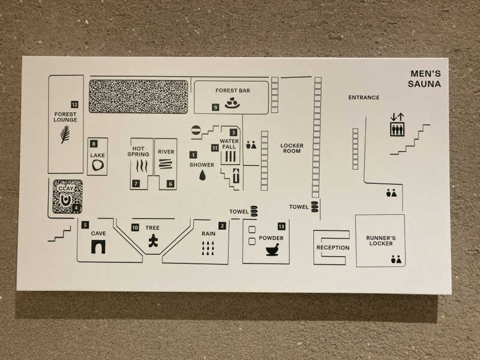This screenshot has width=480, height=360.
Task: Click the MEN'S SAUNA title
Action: point(425,79)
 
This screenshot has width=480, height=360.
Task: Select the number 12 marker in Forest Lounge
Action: point(74,104)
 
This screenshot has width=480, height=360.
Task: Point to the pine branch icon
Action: point(65,134)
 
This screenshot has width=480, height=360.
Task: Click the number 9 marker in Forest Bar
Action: point(215,107)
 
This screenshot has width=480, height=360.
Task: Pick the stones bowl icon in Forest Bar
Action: point(232,103)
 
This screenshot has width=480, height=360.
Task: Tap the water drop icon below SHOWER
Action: point(202,175)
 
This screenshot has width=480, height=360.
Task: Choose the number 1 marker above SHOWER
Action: point(193,155)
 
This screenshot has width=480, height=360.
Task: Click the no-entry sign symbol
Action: point(196,130)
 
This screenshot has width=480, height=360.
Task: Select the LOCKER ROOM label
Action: point(292,148)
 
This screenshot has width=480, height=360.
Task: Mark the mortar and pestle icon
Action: point(272,250)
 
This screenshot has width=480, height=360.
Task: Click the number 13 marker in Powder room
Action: point(281,226)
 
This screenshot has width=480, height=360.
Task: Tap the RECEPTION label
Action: point(333,248)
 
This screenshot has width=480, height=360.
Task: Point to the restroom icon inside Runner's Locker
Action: point(396,259)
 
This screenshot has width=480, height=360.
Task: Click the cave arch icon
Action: point(98,247)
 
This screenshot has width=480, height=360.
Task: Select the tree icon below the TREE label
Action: point(153,241)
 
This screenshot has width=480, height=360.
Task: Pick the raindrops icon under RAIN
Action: point(208,248)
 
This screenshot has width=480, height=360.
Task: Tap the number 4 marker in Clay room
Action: point(76,208)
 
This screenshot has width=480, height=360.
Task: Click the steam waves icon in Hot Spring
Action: point(142,166)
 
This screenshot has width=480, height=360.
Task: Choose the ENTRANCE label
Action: point(364,98)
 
